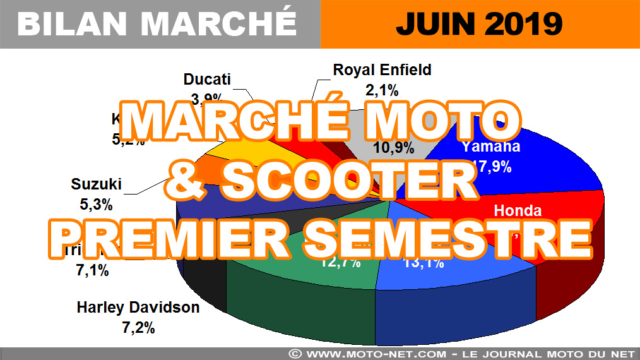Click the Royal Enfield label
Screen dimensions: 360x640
coord(382,70)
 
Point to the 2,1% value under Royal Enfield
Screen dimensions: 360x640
coord(381,90)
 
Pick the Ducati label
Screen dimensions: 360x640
coord(207,80)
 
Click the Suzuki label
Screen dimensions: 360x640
coord(95,185)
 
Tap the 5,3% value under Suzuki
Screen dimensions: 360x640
coord(95,205)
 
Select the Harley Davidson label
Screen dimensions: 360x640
coord(138,308)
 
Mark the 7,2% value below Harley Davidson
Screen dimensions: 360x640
coord(138,327)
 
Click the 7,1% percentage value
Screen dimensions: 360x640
coord(93,272)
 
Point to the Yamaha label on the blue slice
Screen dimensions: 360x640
coord(491,147)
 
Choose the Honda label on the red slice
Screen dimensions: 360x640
coord(518,211)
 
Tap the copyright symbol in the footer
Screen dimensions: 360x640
coord(295,352)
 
